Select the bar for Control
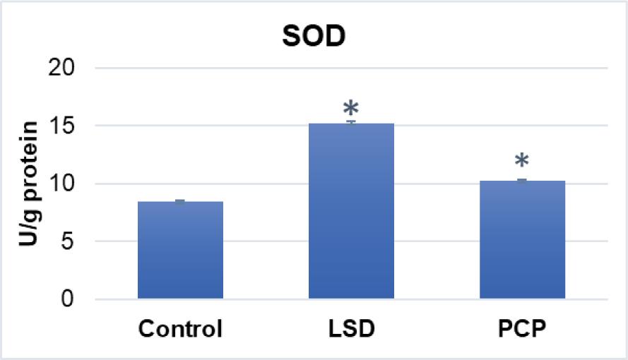pyautogui.click(x=180, y=251)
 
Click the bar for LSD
pyautogui.click(x=351, y=212)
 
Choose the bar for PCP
pyautogui.click(x=522, y=240)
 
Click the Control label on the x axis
pyautogui.click(x=180, y=329)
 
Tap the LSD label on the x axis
pyautogui.click(x=351, y=329)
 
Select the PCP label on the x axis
pyautogui.click(x=522, y=329)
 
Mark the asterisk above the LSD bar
pyautogui.click(x=351, y=109)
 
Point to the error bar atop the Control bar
pyautogui.click(x=180, y=201)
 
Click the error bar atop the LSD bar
pyautogui.click(x=351, y=122)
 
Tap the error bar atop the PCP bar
pyautogui.click(x=522, y=180)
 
